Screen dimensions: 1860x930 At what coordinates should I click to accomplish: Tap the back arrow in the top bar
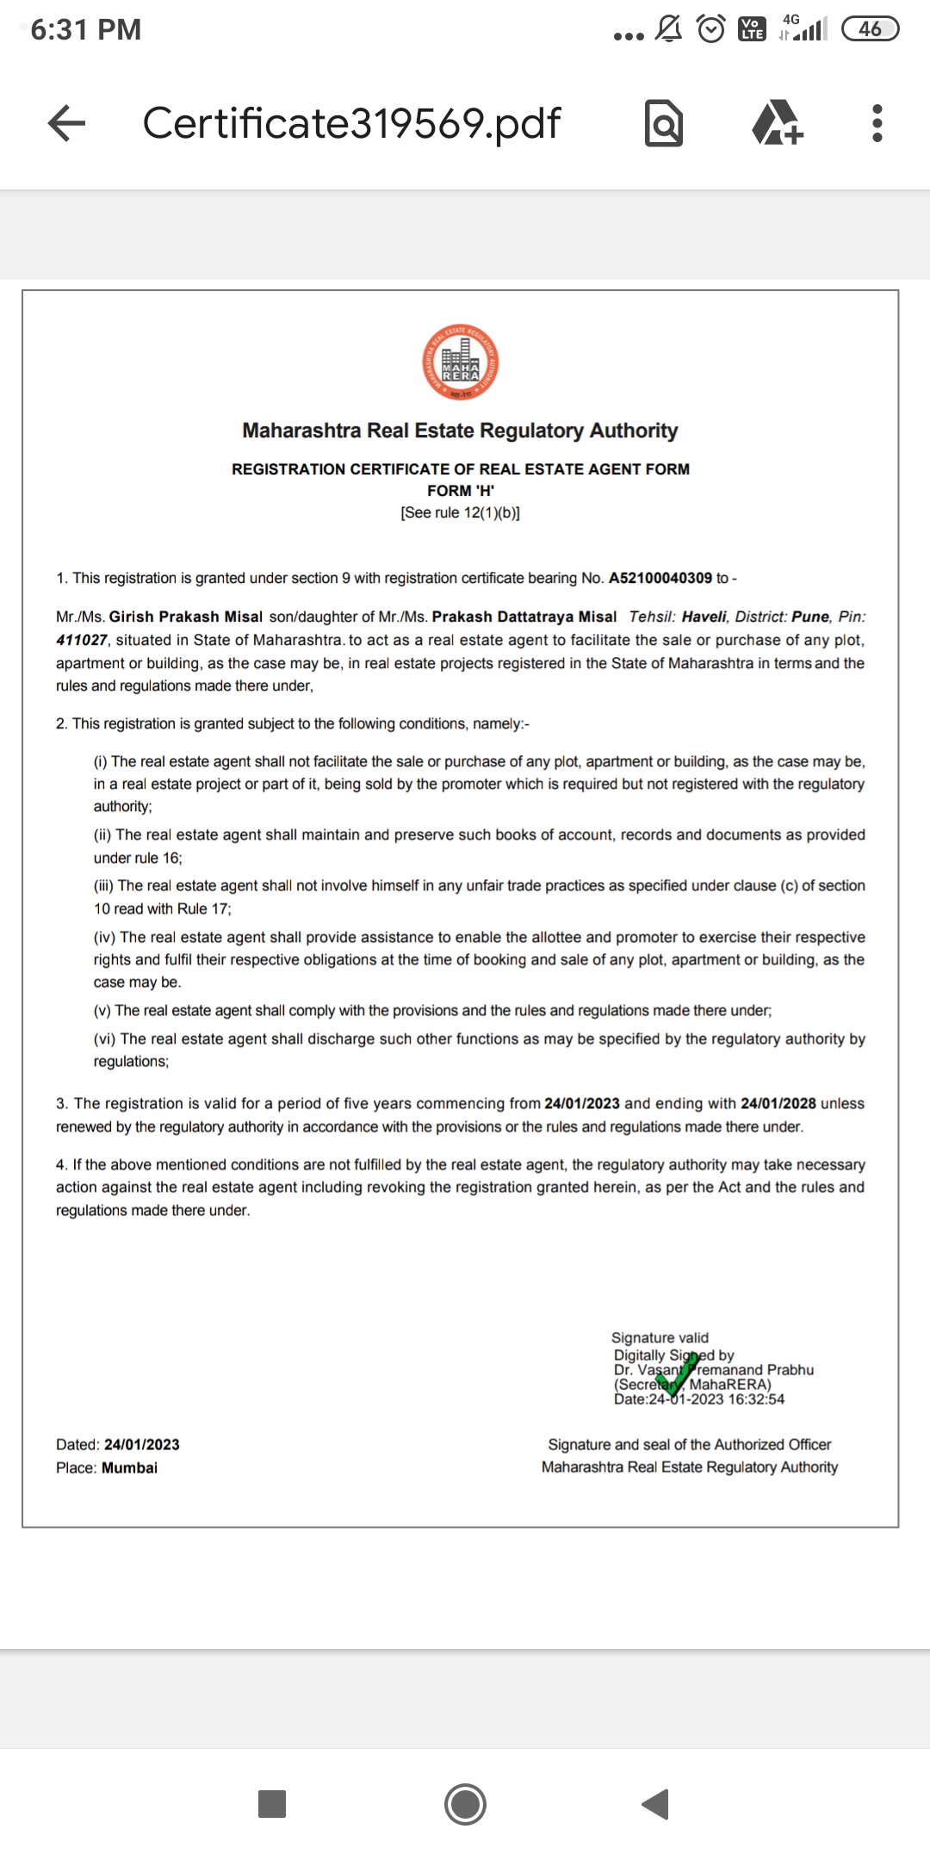pyautogui.click(x=66, y=123)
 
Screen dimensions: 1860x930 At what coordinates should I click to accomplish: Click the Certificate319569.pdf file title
pyautogui.click(x=351, y=123)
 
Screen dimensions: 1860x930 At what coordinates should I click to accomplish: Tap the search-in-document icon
pyautogui.click(x=664, y=123)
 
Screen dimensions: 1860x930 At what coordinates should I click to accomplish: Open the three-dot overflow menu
pyautogui.click(x=877, y=123)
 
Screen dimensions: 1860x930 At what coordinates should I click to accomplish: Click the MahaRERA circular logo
pyautogui.click(x=461, y=363)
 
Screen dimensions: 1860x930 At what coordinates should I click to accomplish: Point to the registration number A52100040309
pyautogui.click(x=660, y=578)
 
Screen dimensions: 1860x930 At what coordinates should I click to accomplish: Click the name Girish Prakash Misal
pyautogui.click(x=185, y=617)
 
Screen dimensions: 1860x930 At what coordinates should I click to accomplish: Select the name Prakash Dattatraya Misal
pyautogui.click(x=524, y=617)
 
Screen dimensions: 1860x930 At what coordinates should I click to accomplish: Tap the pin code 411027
pyautogui.click(x=82, y=640)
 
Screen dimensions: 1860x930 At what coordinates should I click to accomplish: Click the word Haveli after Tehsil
pyautogui.click(x=704, y=617)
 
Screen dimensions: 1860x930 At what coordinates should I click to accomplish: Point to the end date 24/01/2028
pyautogui.click(x=778, y=1103)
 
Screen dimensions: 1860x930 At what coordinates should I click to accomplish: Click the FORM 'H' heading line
pyautogui.click(x=461, y=491)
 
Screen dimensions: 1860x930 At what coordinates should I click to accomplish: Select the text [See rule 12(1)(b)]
pyautogui.click(x=461, y=513)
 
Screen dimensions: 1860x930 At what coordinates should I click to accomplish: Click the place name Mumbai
pyautogui.click(x=129, y=1467)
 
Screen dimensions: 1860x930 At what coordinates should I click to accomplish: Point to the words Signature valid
pyautogui.click(x=660, y=1337)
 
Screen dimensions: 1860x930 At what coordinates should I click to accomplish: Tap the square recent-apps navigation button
pyautogui.click(x=272, y=1803)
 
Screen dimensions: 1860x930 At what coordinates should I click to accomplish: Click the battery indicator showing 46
pyautogui.click(x=870, y=29)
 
